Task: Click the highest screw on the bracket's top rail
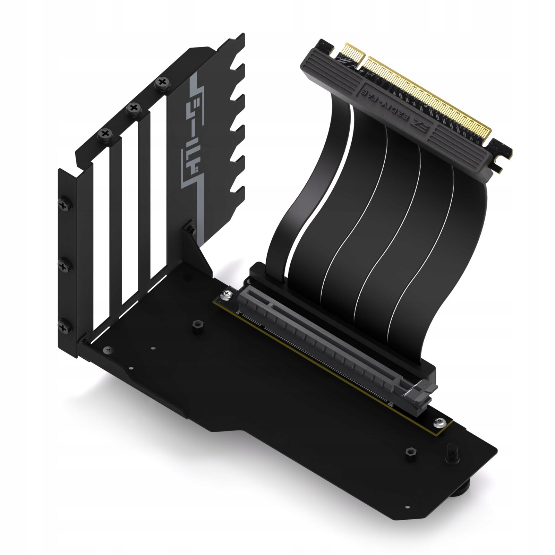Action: pos(162,83)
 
